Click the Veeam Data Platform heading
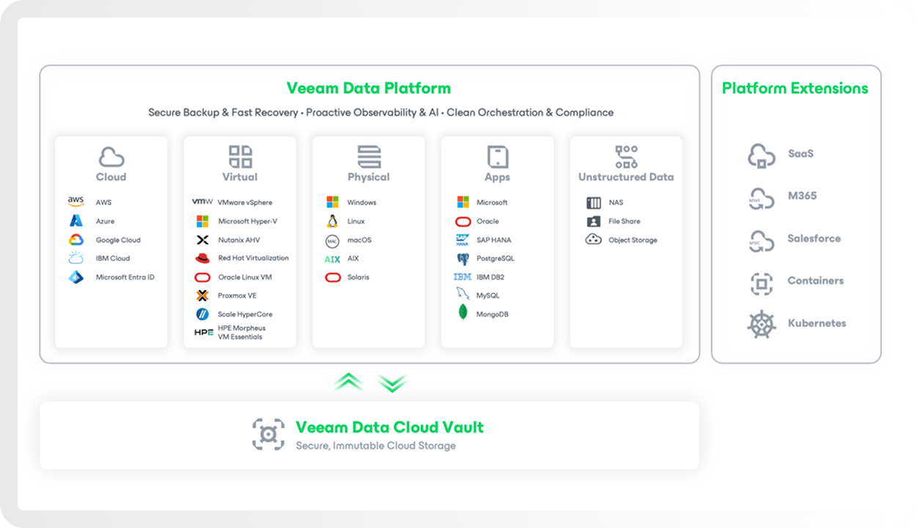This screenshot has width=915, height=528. (x=369, y=88)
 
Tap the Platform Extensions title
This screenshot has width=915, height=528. (x=795, y=88)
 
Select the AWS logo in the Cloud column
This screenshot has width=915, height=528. (x=76, y=202)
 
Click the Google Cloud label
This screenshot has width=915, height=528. (x=118, y=240)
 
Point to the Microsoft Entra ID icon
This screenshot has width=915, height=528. (x=76, y=277)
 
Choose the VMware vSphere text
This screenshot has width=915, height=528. (x=245, y=202)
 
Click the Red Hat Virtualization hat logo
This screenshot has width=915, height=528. (x=202, y=258)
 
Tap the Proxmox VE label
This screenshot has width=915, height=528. (x=237, y=296)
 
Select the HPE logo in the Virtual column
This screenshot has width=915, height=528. (x=203, y=332)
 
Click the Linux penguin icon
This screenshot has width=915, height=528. (x=333, y=221)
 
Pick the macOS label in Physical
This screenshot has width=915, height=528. (x=359, y=240)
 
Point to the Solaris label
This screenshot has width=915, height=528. (x=359, y=277)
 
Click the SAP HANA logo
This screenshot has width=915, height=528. (x=463, y=240)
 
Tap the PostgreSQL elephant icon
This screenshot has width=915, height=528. (x=463, y=259)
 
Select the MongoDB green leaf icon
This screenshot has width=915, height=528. (x=463, y=312)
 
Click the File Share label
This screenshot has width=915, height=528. (x=624, y=221)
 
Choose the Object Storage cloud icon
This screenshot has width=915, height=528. (x=594, y=239)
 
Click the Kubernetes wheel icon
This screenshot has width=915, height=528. (x=762, y=324)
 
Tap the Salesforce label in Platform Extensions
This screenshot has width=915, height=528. (x=814, y=238)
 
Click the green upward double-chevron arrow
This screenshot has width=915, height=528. (x=348, y=381)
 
